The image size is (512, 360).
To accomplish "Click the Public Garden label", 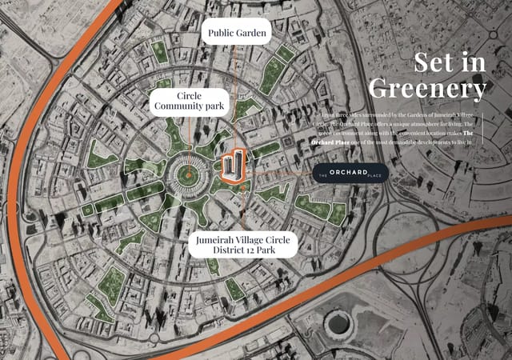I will click(235, 34).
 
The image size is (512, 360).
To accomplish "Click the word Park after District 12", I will click(274, 250).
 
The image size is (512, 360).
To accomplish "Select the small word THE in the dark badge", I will click(324, 174).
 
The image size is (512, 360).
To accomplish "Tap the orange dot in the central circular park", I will click(189, 172).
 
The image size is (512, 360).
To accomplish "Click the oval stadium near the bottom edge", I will click(338, 325).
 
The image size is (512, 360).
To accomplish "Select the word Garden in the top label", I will click(250, 34).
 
